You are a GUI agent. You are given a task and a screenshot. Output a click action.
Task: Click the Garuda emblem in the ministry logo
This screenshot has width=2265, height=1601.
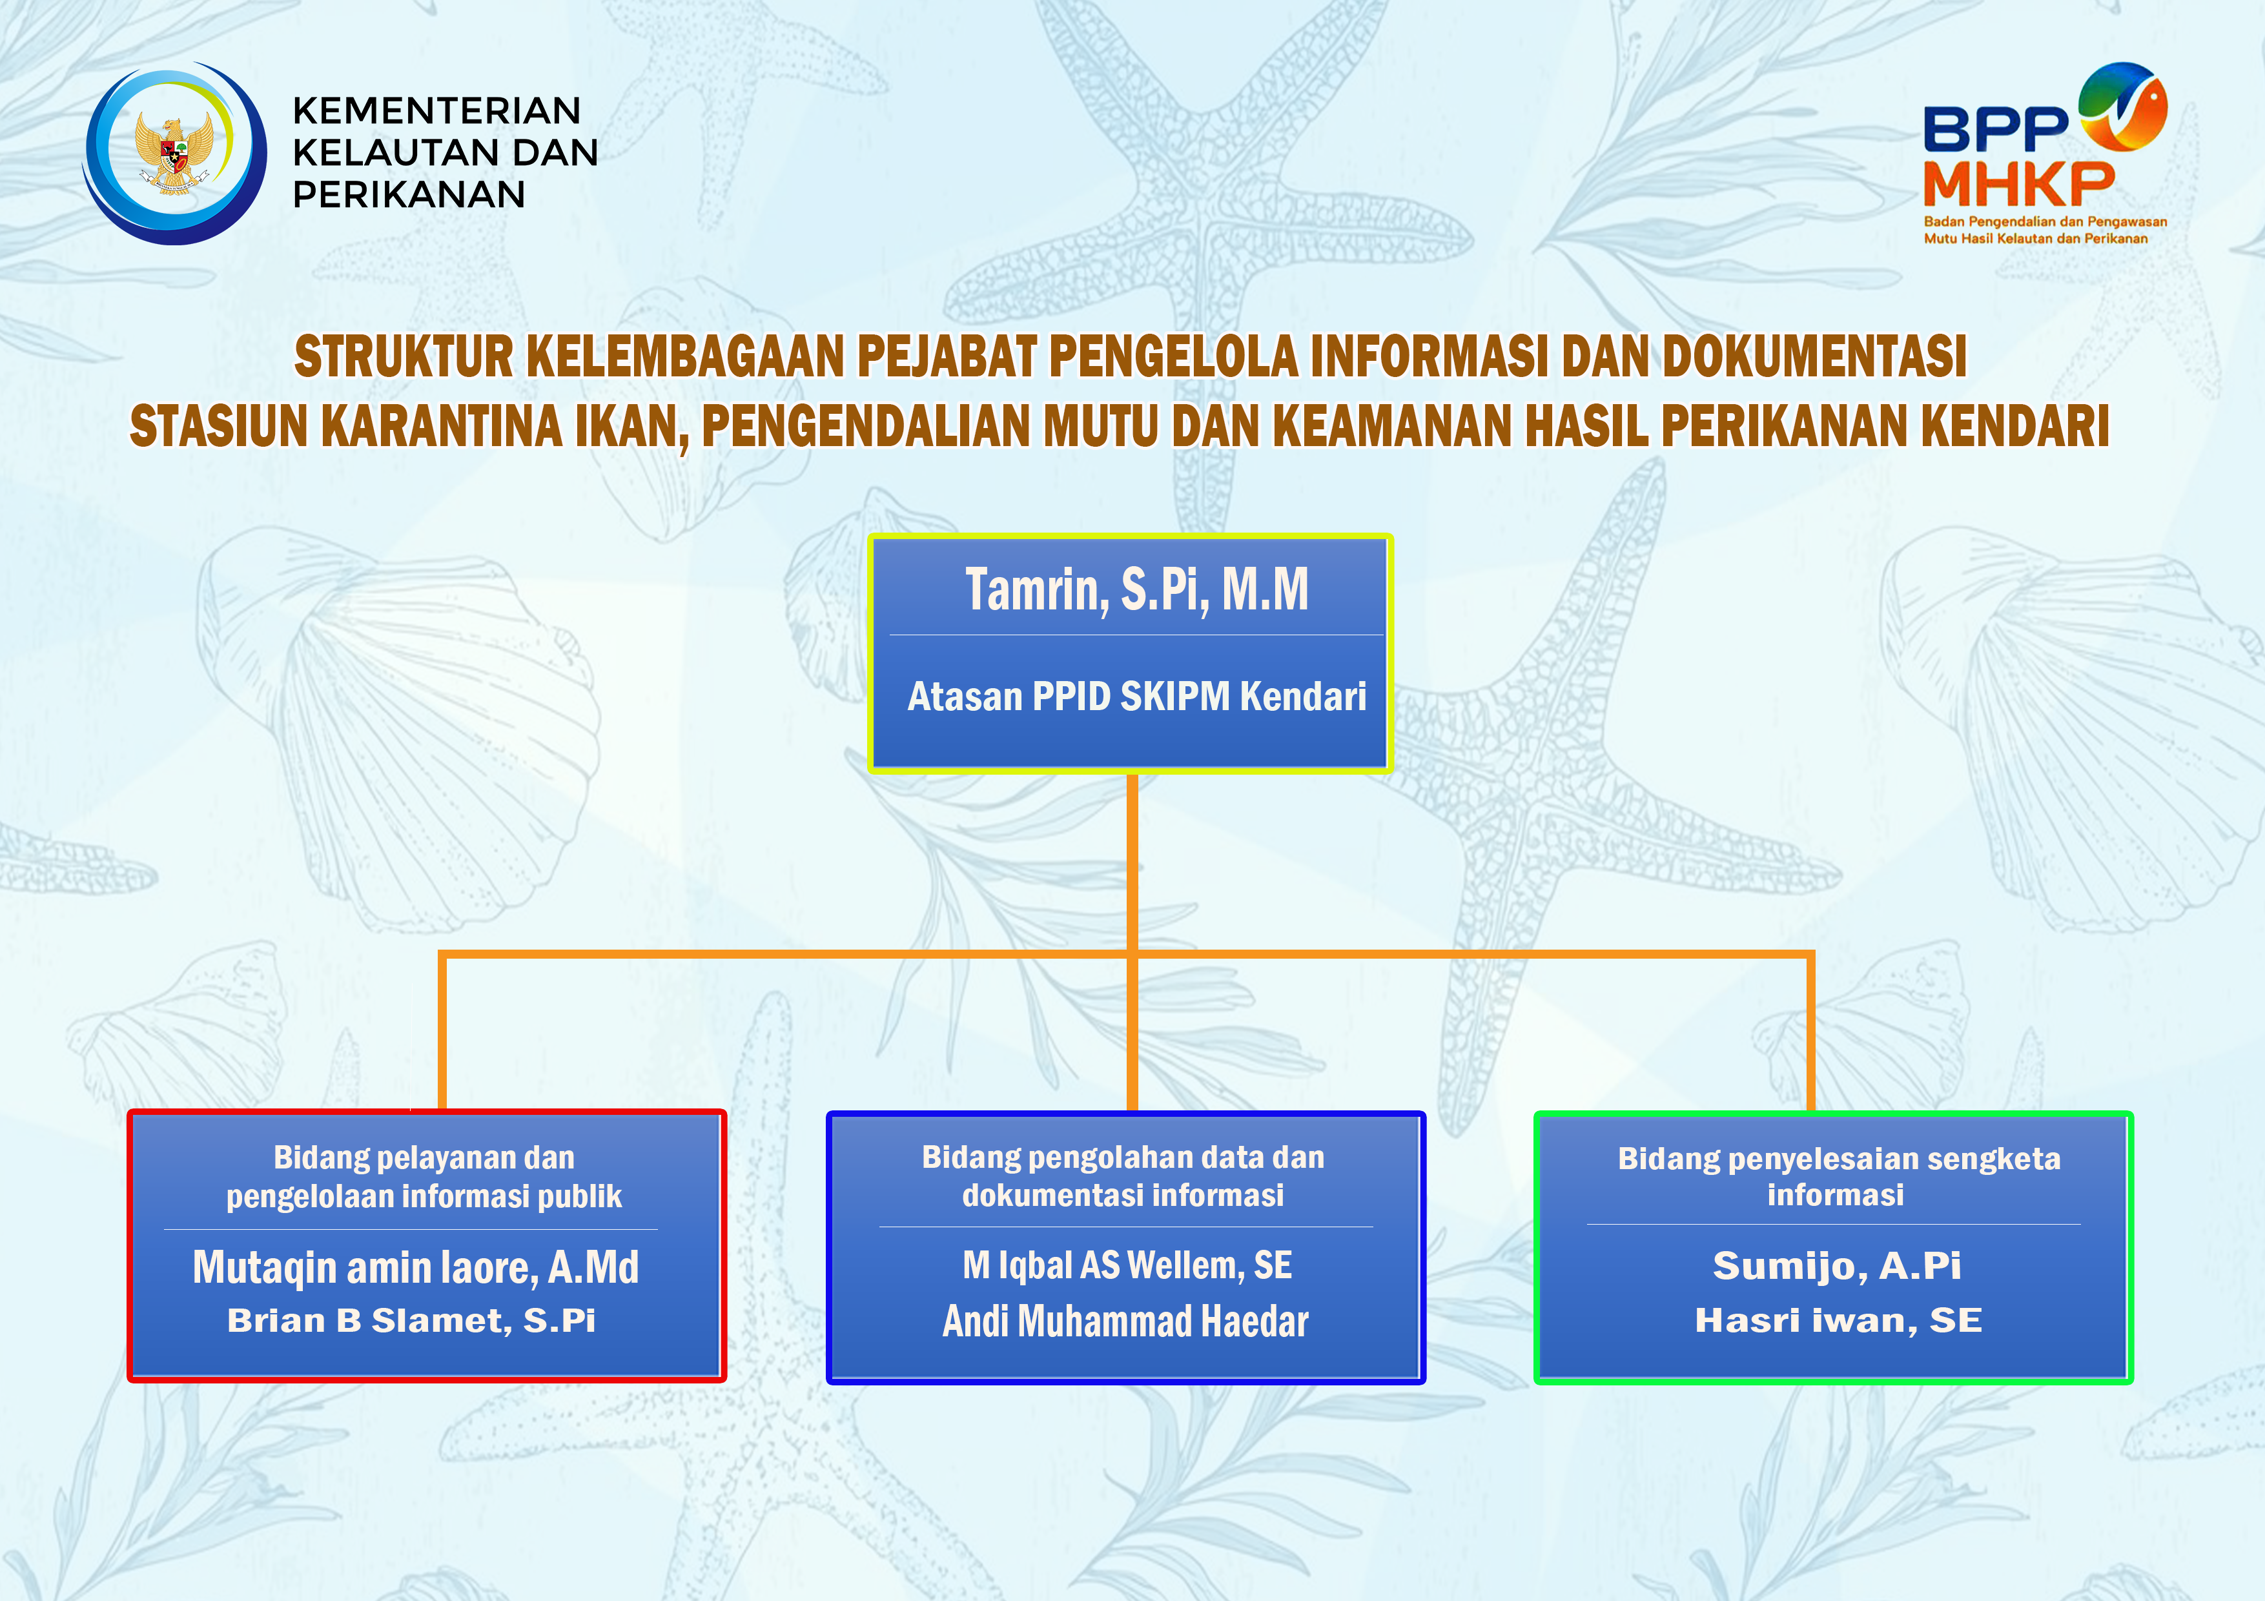tap(174, 153)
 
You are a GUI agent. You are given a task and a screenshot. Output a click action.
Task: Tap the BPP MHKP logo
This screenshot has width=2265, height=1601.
tap(2045, 153)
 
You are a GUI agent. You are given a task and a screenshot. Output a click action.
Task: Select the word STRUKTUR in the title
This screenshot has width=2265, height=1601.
tap(404, 356)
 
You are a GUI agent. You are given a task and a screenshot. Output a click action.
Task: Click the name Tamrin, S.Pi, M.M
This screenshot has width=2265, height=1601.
tap(1136, 590)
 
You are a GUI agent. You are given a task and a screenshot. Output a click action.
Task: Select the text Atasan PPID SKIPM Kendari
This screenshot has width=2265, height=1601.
tap(1136, 697)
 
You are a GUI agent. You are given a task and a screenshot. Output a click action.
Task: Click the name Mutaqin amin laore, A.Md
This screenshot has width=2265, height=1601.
tap(415, 1268)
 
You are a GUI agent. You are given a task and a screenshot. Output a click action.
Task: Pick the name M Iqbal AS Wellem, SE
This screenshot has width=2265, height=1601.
tap(1127, 1265)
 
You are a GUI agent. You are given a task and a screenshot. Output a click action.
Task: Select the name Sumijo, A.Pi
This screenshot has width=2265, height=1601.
tap(1837, 1265)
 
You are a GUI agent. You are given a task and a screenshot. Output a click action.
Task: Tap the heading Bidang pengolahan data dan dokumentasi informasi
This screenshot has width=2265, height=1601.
tap(1123, 1176)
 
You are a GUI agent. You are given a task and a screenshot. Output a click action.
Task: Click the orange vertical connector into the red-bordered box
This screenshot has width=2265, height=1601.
tap(442, 1032)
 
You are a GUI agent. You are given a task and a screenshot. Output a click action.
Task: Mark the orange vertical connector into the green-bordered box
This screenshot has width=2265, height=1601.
tap(1811, 1032)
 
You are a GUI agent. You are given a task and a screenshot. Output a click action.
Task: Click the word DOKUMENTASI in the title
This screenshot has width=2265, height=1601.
tap(1815, 356)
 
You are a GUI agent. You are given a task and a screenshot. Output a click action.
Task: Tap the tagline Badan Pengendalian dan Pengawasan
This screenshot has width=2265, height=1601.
tap(2045, 222)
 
